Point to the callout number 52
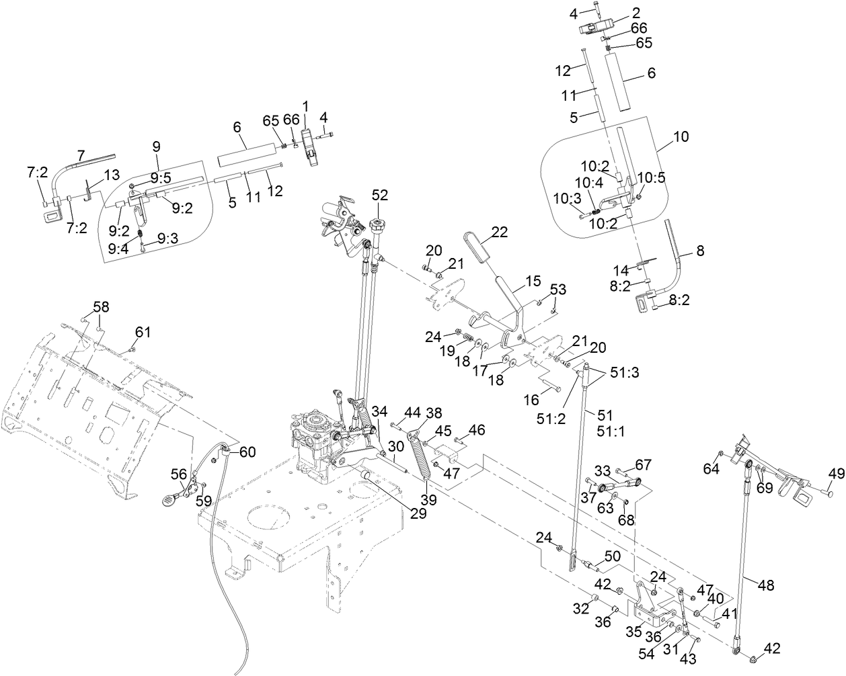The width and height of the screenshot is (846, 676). coord(380,195)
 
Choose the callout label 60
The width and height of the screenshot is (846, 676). coord(247,452)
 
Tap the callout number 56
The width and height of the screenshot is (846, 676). coord(178,474)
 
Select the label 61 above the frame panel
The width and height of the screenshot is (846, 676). coord(143,331)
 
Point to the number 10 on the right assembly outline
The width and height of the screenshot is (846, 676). coord(681,136)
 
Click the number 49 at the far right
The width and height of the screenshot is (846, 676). coord(835,474)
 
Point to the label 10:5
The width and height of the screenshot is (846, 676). coord(650,177)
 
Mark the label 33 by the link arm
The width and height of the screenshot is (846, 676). coord(602,470)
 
